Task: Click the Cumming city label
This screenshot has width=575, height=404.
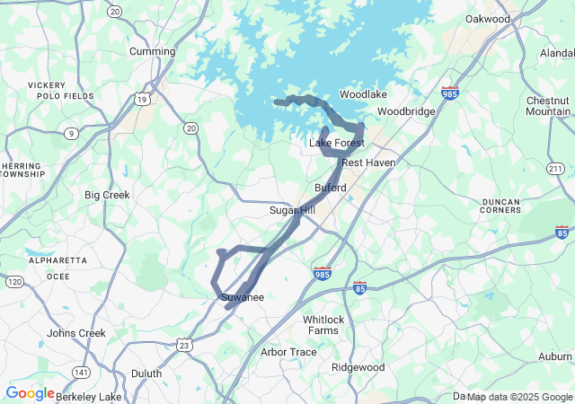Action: coord(152,51)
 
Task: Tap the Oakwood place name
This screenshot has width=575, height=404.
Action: coord(488,19)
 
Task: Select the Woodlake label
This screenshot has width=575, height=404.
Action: coord(363,94)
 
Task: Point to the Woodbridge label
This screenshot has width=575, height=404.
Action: coord(406,111)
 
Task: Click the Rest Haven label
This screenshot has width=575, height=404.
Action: coord(368,162)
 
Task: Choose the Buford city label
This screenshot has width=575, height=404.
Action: coord(331,188)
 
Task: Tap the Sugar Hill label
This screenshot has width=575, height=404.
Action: coord(293,210)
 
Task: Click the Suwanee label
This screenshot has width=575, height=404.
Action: coord(242,297)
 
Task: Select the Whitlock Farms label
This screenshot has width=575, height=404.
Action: coord(323,325)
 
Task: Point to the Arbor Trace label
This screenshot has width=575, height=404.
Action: coord(288,352)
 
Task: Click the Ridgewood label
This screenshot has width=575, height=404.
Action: coord(358,367)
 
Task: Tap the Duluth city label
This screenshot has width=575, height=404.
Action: coord(146,373)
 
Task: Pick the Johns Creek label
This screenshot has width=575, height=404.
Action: coord(76,333)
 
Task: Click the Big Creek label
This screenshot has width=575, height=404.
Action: coord(107,195)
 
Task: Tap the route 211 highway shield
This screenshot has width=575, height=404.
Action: coord(555,169)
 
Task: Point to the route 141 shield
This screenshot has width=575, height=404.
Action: coord(82,373)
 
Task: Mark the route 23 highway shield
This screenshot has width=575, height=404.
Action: coord(184,345)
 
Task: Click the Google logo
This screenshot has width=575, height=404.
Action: coord(30,393)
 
